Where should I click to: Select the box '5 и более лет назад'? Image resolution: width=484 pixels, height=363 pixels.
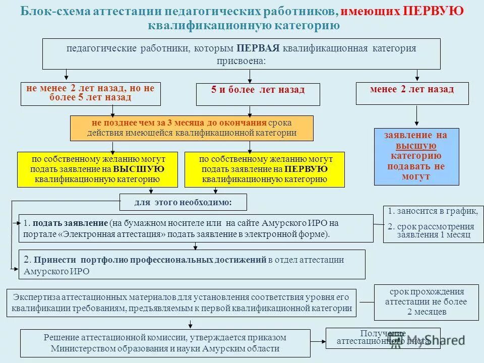[x=258, y=94]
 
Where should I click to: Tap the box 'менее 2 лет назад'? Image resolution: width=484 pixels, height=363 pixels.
[x=411, y=93]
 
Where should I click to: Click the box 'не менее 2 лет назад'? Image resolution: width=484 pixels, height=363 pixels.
[x=90, y=93]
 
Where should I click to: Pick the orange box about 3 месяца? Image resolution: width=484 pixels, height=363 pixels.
[x=191, y=128]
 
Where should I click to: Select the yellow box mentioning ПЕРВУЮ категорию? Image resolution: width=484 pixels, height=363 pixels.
[x=265, y=169]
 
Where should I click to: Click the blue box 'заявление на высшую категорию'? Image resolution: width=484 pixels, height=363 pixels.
[x=416, y=156]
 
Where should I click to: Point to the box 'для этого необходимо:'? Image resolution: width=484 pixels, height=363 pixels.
[x=183, y=202]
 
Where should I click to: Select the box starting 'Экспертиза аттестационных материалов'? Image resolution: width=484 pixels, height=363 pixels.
[x=181, y=303]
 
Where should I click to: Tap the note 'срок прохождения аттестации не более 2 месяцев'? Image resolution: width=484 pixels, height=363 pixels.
[x=426, y=302]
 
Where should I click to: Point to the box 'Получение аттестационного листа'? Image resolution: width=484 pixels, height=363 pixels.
[x=383, y=338]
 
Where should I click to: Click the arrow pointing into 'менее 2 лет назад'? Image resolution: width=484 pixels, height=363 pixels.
[x=416, y=76]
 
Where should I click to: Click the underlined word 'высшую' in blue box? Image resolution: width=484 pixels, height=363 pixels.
[x=416, y=146]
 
